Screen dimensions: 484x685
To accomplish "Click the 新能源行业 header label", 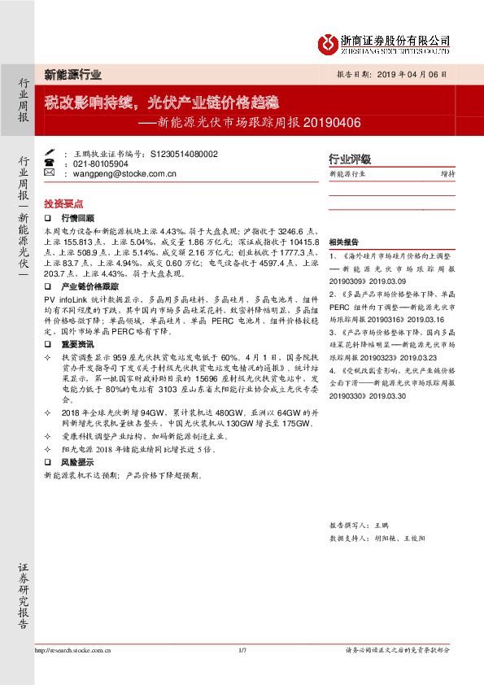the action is pyautogui.click(x=72, y=75).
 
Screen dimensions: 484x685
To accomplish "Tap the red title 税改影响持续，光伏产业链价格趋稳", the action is pyautogui.click(x=161, y=103).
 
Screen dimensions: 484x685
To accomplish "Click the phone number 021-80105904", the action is pyautogui.click(x=101, y=163).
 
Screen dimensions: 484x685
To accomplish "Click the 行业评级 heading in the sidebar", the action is pyautogui.click(x=349, y=159).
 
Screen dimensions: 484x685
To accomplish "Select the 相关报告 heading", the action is pyautogui.click(x=344, y=242).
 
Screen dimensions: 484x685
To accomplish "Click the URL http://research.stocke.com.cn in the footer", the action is pyautogui.click(x=73, y=650).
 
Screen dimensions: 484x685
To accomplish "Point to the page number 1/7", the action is pyautogui.click(x=242, y=650).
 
